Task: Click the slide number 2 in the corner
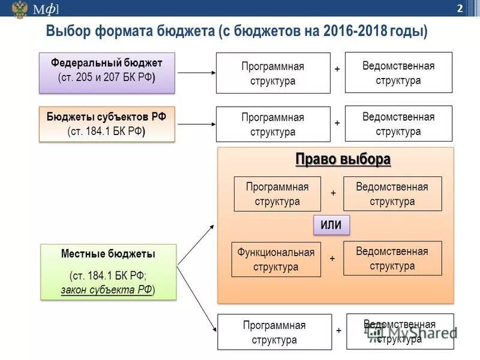[459, 8]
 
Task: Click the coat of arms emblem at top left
[19, 9]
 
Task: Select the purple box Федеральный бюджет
[107, 73]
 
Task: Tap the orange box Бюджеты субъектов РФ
[107, 124]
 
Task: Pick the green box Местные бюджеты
[108, 272]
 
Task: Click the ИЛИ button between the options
[331, 225]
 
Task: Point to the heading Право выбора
[343, 160]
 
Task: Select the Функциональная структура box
[276, 259]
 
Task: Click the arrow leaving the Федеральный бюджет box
[196, 73]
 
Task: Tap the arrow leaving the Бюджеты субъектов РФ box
[196, 124]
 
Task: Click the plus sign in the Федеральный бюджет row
[337, 70]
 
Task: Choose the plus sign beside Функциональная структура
[332, 258]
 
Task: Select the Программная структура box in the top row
[273, 73]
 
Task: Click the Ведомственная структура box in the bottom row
[400, 332]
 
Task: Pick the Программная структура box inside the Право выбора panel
[277, 194]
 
